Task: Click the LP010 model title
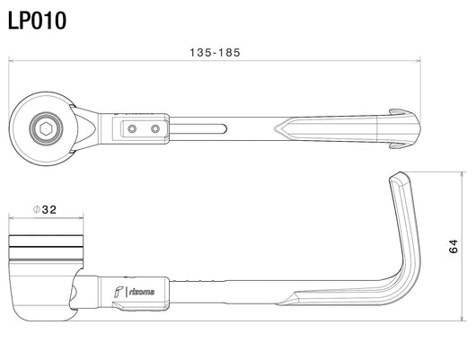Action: (x=37, y=21)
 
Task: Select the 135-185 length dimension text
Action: (x=215, y=52)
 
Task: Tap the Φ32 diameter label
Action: (x=45, y=209)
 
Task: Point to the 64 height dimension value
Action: (x=453, y=246)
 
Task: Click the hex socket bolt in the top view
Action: (x=46, y=128)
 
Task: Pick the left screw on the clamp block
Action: (x=131, y=128)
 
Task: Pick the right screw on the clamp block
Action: (x=155, y=128)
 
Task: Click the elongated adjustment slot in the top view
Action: (x=198, y=128)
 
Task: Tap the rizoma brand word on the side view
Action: (x=142, y=292)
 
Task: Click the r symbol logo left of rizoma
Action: (x=118, y=292)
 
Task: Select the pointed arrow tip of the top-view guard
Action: (x=275, y=128)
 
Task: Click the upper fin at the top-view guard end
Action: (x=399, y=111)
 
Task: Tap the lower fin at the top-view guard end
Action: (x=399, y=146)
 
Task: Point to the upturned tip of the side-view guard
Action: (x=400, y=176)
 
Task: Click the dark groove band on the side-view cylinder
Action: (x=46, y=247)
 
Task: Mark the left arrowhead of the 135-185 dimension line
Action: (x=10, y=61)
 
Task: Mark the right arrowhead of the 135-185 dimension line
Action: (x=419, y=61)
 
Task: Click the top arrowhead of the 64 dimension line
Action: (x=462, y=174)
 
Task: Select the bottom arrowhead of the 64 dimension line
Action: (x=462, y=319)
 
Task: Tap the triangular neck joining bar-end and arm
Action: (x=87, y=128)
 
